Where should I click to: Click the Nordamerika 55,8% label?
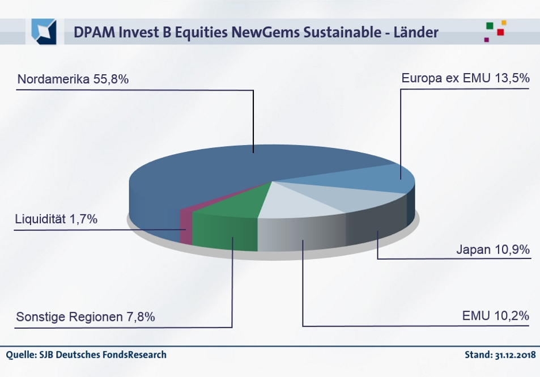click(x=73, y=79)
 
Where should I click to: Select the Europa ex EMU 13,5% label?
click(x=465, y=78)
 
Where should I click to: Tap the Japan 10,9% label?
click(x=492, y=249)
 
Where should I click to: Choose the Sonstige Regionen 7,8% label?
click(x=86, y=317)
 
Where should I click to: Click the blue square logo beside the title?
click(x=44, y=31)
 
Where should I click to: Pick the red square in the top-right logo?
click(x=500, y=32)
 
